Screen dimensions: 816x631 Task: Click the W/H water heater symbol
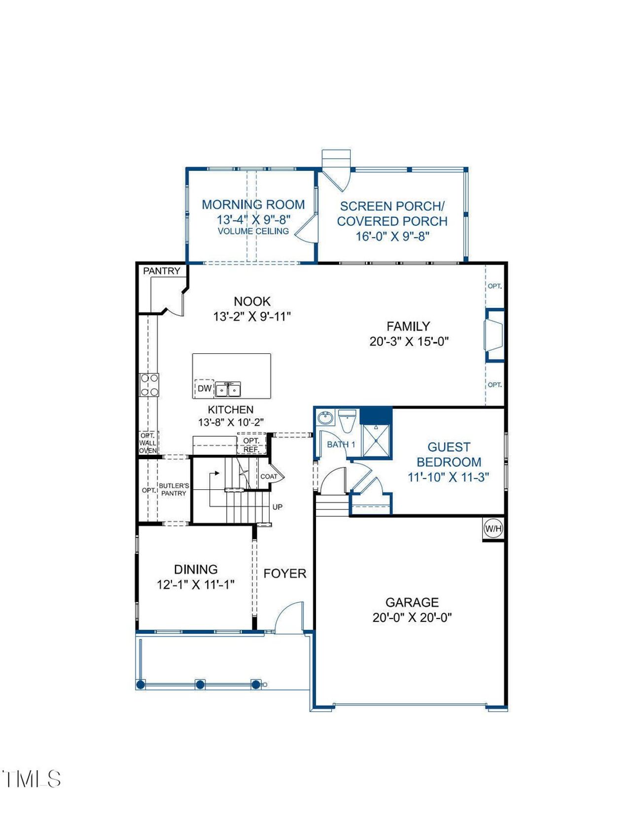[x=493, y=529]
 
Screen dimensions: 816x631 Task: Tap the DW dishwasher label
[x=205, y=388]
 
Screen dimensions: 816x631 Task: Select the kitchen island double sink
[x=228, y=390]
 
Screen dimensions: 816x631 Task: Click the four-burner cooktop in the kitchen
[x=149, y=385]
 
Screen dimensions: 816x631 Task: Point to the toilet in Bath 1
[x=347, y=421]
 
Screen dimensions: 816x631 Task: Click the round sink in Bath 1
[x=325, y=418]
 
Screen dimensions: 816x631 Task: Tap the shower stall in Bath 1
[x=376, y=441]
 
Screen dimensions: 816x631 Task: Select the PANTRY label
[x=162, y=271]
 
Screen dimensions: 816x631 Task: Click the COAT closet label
[x=269, y=476]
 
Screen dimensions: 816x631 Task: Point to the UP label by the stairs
[x=278, y=507]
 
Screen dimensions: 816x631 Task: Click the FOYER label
[x=285, y=574]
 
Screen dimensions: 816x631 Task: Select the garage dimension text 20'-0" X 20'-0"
[x=412, y=617]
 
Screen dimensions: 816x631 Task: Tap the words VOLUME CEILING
[x=253, y=231]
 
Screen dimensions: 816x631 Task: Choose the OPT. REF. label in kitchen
[x=251, y=445]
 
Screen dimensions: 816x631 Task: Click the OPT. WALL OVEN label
[x=147, y=443]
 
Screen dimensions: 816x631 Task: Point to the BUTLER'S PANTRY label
[x=174, y=489]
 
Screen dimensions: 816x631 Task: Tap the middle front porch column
[x=200, y=684]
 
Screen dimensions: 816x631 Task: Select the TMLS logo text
[x=32, y=779]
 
